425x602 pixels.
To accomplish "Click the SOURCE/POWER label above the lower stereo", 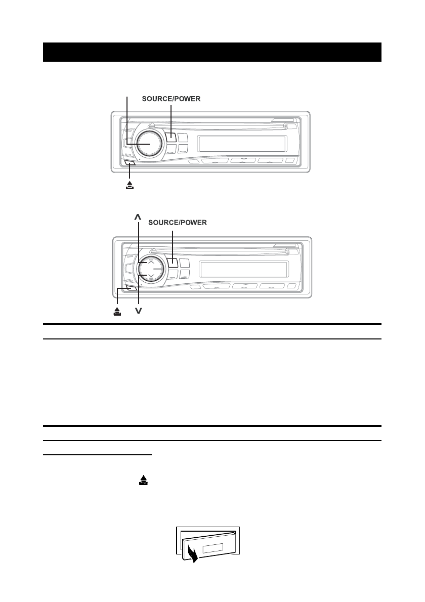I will point(178,222).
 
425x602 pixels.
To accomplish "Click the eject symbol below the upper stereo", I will point(130,186).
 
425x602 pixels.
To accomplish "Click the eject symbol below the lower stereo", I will point(117,311).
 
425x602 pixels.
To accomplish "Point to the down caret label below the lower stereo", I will point(138,311).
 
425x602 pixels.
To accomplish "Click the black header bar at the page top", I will point(212,52).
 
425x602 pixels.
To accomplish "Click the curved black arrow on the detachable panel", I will point(192,553).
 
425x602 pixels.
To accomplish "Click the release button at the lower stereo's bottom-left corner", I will point(132,288).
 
